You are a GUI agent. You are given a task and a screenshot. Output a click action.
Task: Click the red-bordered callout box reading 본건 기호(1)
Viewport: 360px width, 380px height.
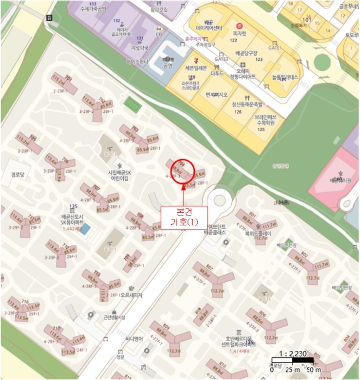coord(181,217)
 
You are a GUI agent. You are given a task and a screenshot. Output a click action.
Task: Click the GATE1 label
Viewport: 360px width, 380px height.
coord(276,48)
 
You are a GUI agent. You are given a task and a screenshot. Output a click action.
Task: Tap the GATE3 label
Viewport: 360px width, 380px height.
coord(222,59)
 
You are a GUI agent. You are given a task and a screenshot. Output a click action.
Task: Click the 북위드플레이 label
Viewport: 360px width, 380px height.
coord(257,233)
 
